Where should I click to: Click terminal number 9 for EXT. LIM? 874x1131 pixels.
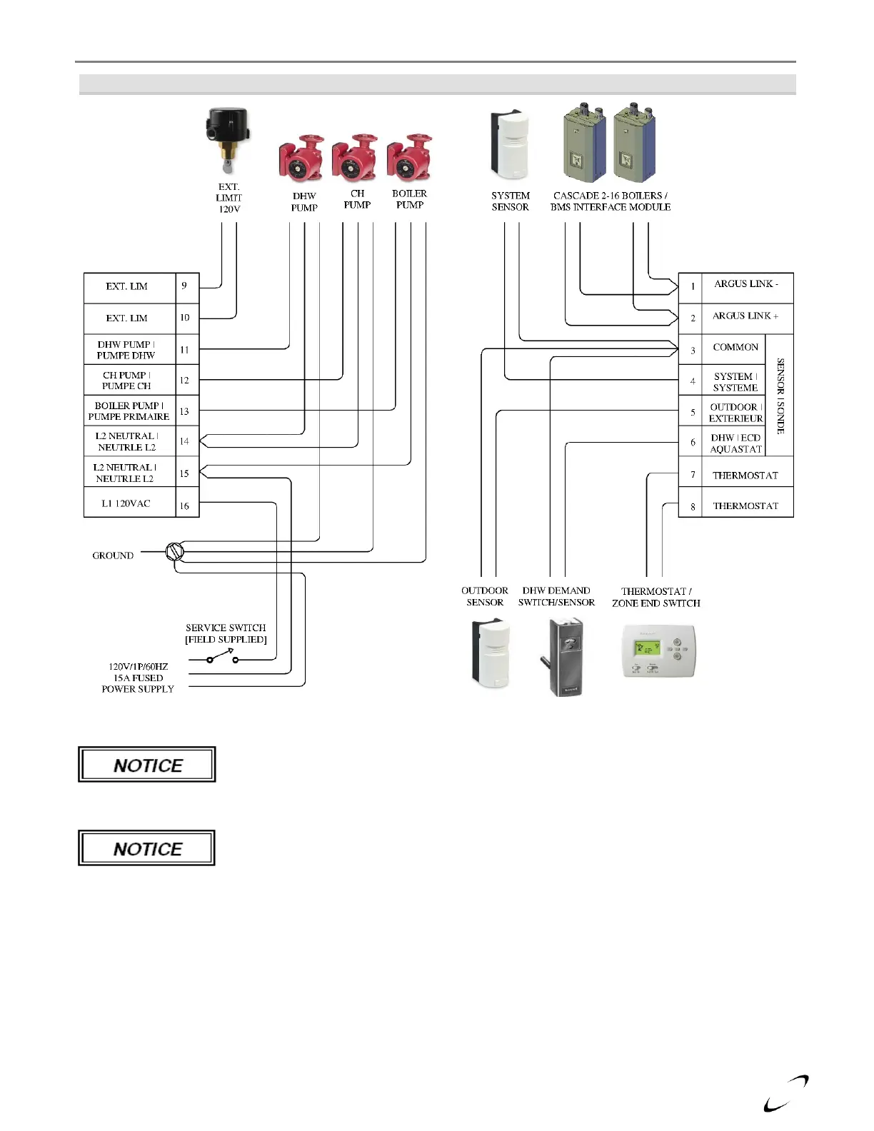click(x=184, y=286)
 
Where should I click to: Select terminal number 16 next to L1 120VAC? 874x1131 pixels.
click(x=184, y=506)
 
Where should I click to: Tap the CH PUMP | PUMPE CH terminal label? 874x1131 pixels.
click(x=127, y=380)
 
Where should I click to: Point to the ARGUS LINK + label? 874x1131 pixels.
click(x=745, y=316)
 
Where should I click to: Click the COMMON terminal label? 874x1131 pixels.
click(x=735, y=347)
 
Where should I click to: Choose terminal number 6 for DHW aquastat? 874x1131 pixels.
click(x=693, y=443)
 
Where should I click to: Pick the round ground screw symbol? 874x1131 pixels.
click(x=175, y=551)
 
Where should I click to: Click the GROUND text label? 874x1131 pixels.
click(x=113, y=556)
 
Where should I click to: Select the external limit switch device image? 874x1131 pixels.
click(x=227, y=140)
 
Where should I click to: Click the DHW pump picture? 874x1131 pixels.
click(x=301, y=159)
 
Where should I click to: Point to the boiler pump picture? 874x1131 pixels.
click(x=410, y=157)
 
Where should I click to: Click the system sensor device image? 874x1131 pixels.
click(x=510, y=145)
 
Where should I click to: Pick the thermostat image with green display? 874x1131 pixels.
click(x=658, y=650)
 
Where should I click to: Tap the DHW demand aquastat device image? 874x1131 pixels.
click(x=564, y=656)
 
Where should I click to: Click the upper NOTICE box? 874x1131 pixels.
click(x=147, y=765)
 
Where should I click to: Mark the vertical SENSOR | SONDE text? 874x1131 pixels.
click(x=780, y=396)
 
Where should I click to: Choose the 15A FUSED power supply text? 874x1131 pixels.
click(x=138, y=678)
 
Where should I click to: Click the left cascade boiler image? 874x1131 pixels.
click(x=583, y=142)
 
